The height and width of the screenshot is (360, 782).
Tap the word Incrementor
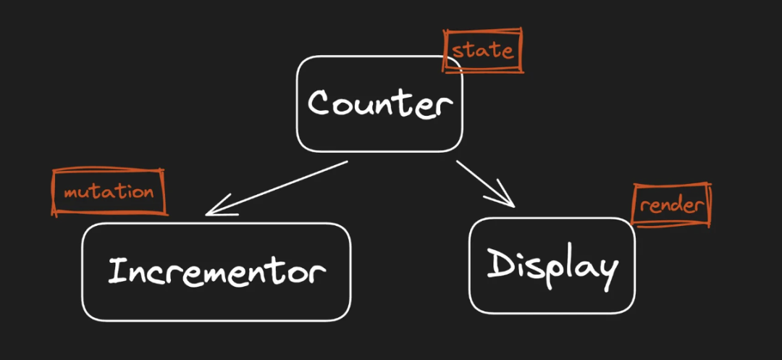click(x=216, y=271)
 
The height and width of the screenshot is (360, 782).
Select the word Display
click(x=552, y=266)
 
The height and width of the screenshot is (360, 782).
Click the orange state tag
click(x=482, y=51)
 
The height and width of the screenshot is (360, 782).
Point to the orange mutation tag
click(x=109, y=193)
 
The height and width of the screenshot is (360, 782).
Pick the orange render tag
click(x=671, y=205)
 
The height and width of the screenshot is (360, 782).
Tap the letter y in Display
click(x=607, y=269)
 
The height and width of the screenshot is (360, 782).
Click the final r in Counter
click(x=443, y=107)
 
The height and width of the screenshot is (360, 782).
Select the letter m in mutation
click(x=71, y=194)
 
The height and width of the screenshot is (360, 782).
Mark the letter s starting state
click(x=457, y=52)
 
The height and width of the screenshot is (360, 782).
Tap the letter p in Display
click(x=553, y=272)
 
